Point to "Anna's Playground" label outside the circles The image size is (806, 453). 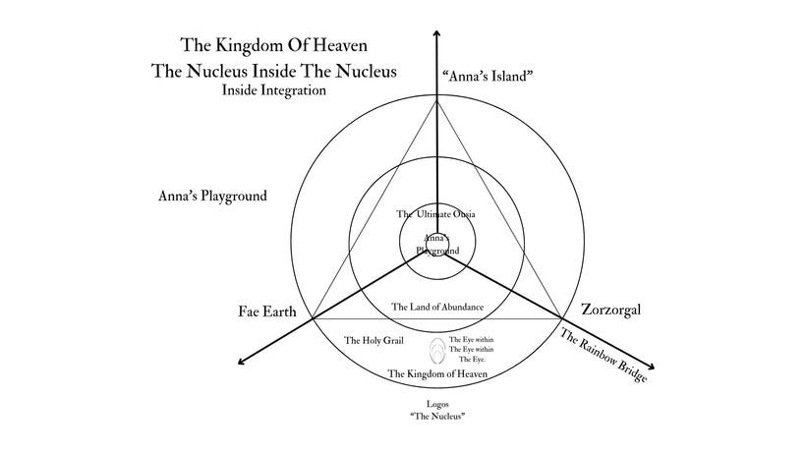point(212,196)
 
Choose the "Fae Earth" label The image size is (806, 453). point(268,311)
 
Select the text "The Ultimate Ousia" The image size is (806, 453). point(436,214)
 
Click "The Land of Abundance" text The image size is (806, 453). point(437,308)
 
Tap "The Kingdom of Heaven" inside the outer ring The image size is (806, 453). point(438,373)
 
